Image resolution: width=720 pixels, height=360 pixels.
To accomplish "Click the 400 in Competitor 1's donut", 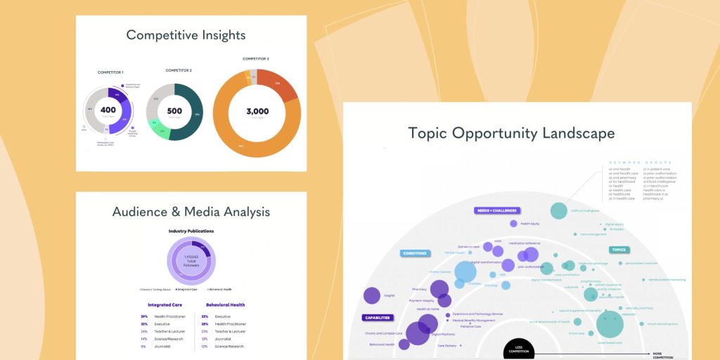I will (108, 110).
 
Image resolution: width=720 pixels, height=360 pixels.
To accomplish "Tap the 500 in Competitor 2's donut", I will (174, 111).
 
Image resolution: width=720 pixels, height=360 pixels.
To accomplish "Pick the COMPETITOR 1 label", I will (110, 72).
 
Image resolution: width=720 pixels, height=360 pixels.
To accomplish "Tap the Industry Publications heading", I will (191, 231).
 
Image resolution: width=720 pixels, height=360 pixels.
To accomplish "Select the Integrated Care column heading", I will (165, 305).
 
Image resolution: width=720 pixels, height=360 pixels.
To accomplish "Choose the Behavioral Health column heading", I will (225, 305).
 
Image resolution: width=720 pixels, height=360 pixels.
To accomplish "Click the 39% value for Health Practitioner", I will (144, 316).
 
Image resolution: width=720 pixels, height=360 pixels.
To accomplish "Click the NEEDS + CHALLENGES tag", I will (496, 210).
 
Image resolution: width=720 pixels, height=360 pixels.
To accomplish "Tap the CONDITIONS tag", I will (414, 253).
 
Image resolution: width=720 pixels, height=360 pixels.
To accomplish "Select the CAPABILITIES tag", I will (378, 317).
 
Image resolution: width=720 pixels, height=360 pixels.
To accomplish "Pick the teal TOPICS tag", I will (619, 250).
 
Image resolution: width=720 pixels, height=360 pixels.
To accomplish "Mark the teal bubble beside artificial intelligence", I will (558, 210).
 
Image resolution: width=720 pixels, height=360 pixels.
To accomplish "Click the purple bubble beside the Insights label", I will (371, 296).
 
